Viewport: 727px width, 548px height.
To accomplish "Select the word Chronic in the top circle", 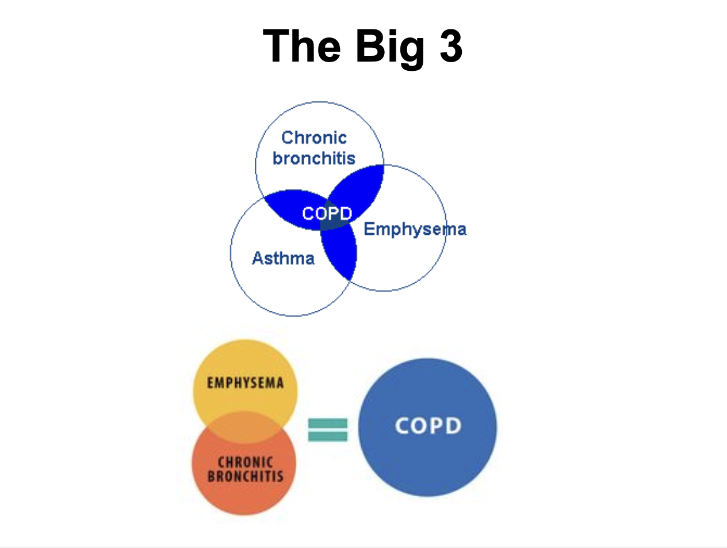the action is coord(314,138).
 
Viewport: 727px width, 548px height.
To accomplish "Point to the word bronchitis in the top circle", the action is coord(314,157).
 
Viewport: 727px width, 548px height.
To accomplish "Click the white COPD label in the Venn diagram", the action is coord(327,214).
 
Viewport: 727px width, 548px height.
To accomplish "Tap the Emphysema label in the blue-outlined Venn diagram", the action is coord(415,229).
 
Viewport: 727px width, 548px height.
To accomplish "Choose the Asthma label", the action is coord(283,258).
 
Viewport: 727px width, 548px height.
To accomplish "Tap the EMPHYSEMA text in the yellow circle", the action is coord(246,383).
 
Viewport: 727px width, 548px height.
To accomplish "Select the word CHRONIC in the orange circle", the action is coord(246,462).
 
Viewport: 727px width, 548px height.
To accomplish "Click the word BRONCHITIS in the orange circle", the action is coord(246,476).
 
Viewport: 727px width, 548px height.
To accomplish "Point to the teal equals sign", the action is coord(328,429).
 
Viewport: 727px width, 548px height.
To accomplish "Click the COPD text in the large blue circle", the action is coord(428,426).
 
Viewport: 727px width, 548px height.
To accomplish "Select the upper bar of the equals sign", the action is coord(328,423).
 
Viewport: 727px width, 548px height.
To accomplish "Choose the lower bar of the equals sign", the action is coord(328,436).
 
